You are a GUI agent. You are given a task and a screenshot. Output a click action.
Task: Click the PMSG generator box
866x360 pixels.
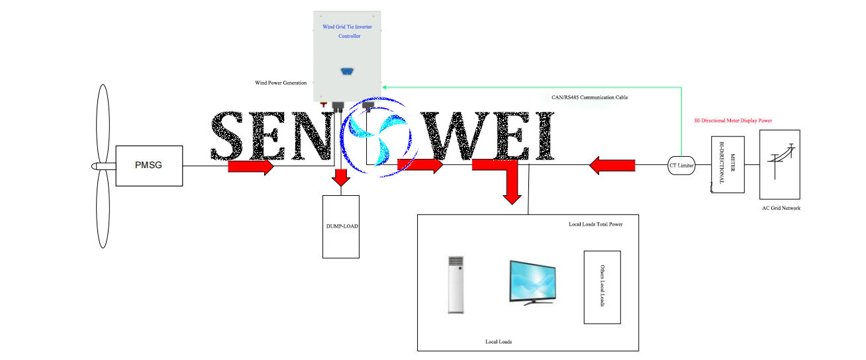[x=149, y=165]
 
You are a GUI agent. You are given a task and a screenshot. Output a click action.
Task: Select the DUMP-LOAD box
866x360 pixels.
[x=341, y=226]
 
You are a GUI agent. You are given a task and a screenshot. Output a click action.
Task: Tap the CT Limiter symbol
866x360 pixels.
[x=681, y=166]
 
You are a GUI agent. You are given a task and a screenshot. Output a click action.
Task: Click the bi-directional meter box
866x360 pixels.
[x=727, y=165]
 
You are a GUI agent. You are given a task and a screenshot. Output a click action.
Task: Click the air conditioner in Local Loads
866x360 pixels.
[x=456, y=284]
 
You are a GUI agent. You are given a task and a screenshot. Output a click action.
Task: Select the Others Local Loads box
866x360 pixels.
[x=602, y=287]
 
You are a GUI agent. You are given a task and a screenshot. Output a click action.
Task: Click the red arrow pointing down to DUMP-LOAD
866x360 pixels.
[x=341, y=178]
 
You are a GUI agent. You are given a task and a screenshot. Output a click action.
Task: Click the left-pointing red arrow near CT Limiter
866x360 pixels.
[x=612, y=165]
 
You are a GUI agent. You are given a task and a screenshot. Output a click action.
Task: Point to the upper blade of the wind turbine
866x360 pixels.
[x=103, y=122]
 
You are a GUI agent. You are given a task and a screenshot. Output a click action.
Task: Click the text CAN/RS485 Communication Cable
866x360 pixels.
[x=590, y=97]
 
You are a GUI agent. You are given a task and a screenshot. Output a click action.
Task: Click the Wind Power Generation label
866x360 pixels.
[x=281, y=83]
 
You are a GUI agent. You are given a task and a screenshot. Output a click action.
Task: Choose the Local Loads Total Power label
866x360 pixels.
[x=596, y=224]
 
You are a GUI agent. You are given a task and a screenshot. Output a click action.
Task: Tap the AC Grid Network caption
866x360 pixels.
[x=781, y=208]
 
